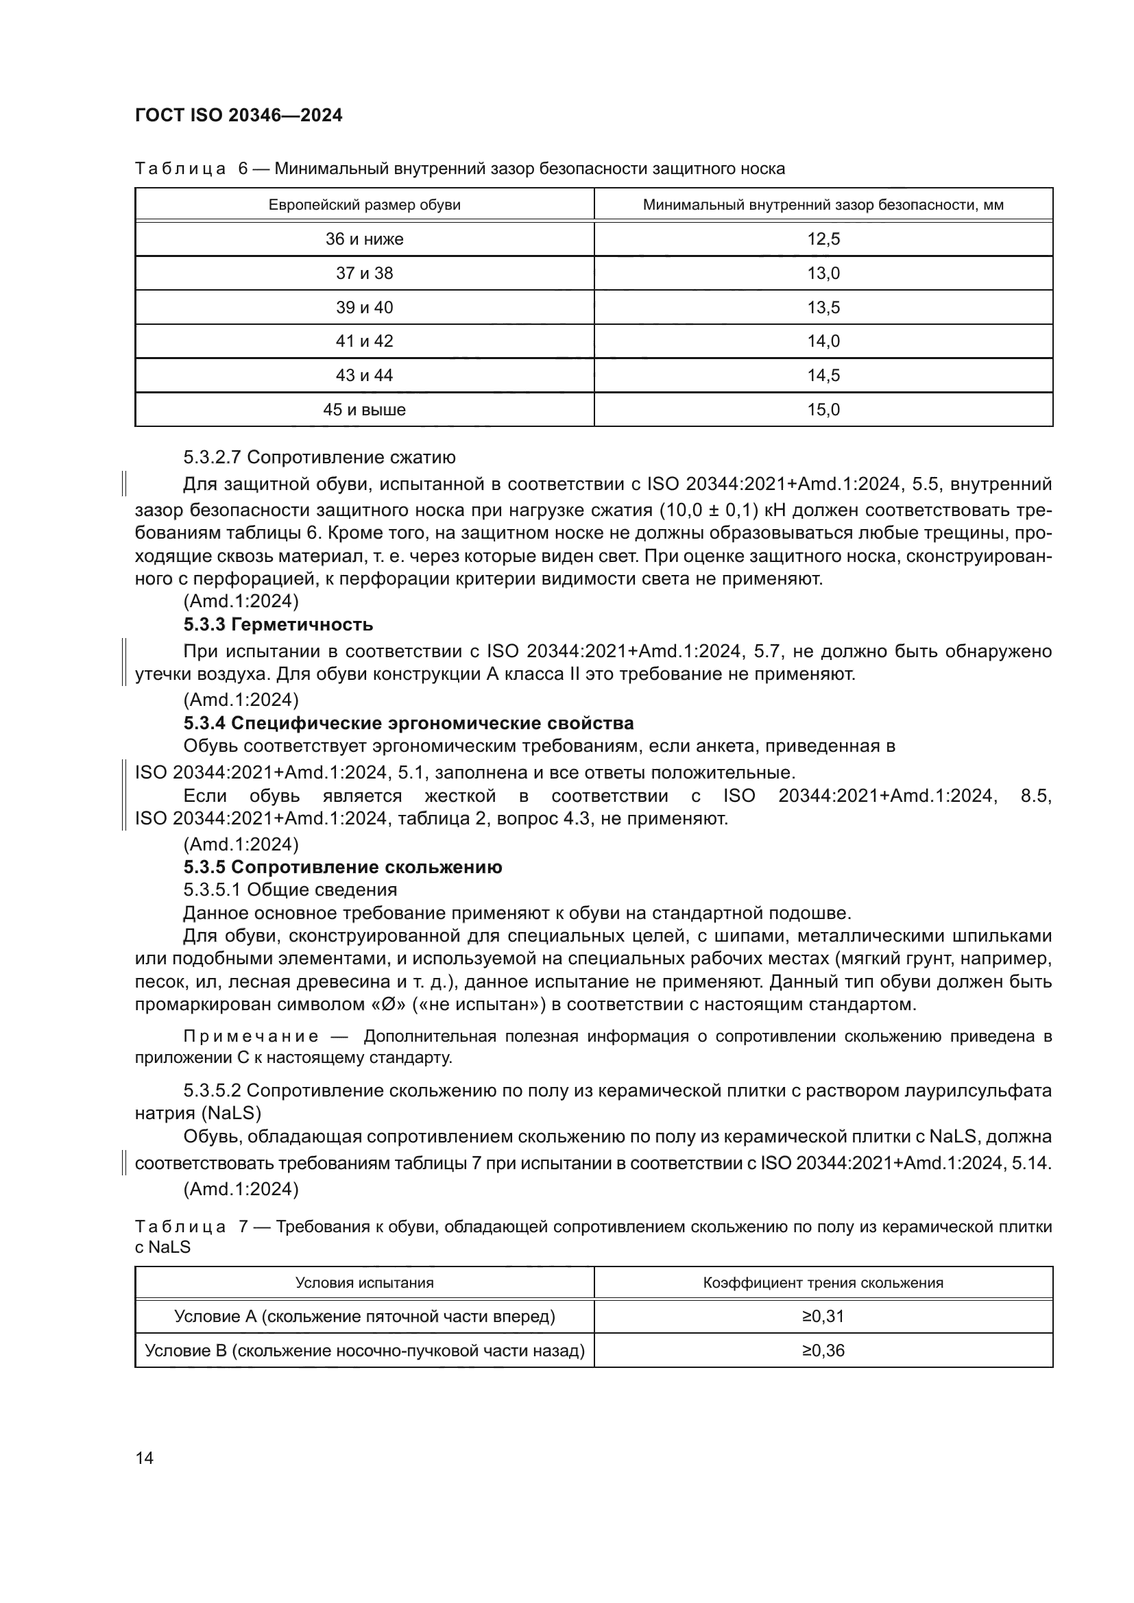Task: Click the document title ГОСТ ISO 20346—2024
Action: point(238,116)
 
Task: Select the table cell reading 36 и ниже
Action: point(364,239)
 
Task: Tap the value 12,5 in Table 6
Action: point(823,239)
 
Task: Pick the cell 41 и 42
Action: point(364,341)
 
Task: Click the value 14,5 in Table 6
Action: point(823,376)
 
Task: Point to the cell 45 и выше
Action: point(364,410)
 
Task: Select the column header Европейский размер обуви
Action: point(364,206)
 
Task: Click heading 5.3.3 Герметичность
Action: point(278,624)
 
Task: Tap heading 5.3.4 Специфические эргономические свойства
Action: point(409,723)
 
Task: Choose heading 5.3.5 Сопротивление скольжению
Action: point(342,868)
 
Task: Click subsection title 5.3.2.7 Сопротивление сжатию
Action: point(319,458)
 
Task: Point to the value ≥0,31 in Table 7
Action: point(823,1317)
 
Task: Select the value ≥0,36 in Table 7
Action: point(823,1351)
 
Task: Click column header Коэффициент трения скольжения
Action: point(823,1283)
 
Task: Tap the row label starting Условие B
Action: point(364,1351)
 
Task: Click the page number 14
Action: point(145,1458)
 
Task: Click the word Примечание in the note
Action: point(251,1037)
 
